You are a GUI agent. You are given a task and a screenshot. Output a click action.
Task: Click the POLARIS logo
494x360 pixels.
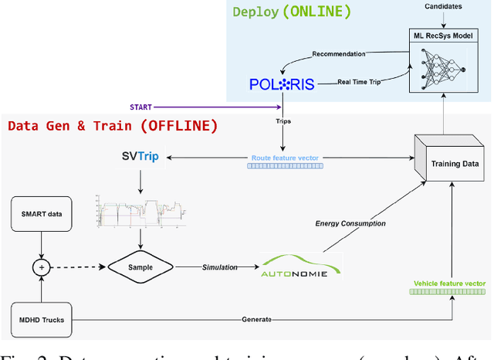pyautogui.click(x=282, y=84)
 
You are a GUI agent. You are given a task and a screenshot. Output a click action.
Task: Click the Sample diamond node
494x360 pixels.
pyautogui.click(x=140, y=267)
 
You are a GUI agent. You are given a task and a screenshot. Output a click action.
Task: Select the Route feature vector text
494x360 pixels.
pyautogui.click(x=286, y=158)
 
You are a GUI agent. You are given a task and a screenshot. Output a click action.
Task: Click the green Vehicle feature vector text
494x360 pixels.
pyautogui.click(x=450, y=284)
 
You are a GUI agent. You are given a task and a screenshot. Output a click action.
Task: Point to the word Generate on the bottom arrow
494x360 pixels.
pyautogui.click(x=256, y=318)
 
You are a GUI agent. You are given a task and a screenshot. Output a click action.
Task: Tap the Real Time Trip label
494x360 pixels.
pyautogui.click(x=360, y=80)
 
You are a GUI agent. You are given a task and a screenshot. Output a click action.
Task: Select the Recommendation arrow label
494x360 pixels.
pyautogui.click(x=345, y=54)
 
